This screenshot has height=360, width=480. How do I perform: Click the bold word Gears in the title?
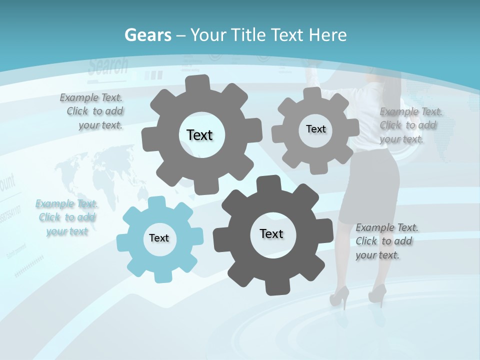pos(147,35)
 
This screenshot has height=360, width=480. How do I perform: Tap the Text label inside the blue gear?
pos(159,238)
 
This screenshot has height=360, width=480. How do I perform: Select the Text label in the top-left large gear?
pos(199,135)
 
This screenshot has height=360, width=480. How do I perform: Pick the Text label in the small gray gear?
pos(315,129)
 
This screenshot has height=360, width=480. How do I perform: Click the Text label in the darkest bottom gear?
pos(271,233)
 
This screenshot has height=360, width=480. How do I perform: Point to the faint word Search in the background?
pos(108,66)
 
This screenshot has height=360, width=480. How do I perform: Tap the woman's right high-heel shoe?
pos(378,293)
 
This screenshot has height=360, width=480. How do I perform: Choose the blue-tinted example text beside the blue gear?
pos(66,217)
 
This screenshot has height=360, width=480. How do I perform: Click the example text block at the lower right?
pos(386,241)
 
